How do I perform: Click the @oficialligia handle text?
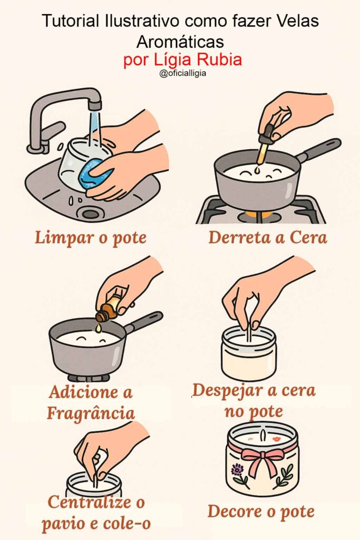click(x=182, y=73)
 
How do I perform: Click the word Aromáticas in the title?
click(x=180, y=42)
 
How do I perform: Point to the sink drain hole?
click(x=90, y=214)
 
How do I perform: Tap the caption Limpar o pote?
click(x=91, y=238)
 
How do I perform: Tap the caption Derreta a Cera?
click(x=267, y=238)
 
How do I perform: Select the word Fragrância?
click(x=91, y=412)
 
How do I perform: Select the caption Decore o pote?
click(x=261, y=512)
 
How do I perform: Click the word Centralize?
click(x=90, y=503)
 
